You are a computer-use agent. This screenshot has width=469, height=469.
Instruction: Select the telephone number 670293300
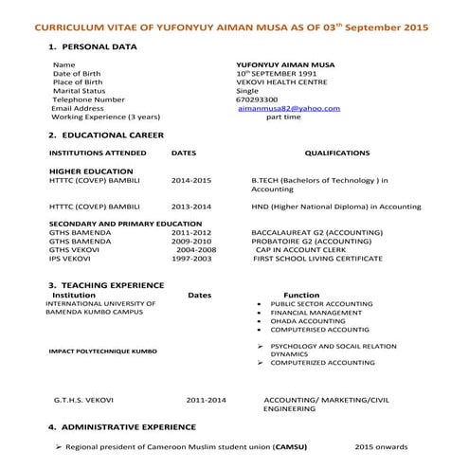(x=257, y=99)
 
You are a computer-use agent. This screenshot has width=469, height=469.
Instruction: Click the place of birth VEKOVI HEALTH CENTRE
(x=282, y=81)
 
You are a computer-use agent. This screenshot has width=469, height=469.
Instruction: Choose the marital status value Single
(x=247, y=90)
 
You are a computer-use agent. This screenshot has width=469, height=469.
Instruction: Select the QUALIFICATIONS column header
(x=337, y=153)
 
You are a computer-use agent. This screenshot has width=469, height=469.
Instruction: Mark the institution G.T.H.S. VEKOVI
(x=87, y=401)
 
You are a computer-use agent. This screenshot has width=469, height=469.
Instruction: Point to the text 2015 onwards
(x=382, y=446)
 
